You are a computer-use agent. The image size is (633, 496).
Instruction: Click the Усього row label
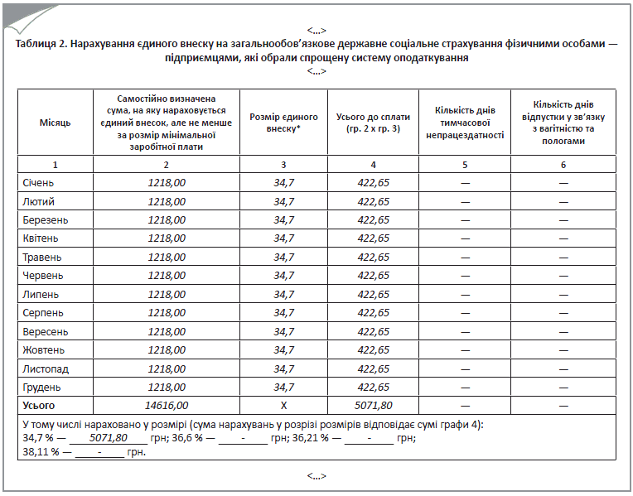coord(39,406)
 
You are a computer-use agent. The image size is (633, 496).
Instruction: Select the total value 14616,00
coord(167,406)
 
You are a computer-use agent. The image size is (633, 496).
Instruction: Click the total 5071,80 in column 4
coord(373,406)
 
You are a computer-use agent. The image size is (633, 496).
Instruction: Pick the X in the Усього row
coord(284,406)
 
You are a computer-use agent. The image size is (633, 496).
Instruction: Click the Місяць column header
coord(56,123)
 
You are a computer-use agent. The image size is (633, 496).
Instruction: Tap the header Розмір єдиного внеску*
coord(284,123)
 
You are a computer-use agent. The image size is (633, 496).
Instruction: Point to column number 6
coord(563,165)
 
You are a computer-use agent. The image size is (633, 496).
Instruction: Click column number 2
coord(167,165)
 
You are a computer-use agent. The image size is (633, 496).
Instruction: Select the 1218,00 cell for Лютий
coord(167,201)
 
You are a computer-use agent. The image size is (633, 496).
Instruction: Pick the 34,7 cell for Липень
coord(284,294)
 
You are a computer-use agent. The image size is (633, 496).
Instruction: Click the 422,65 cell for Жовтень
coord(373,349)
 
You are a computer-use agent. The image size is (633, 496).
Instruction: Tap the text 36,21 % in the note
coord(312,438)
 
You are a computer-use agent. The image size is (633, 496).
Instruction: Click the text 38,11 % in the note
coord(41,452)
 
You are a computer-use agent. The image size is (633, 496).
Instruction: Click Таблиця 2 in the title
coord(41,44)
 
